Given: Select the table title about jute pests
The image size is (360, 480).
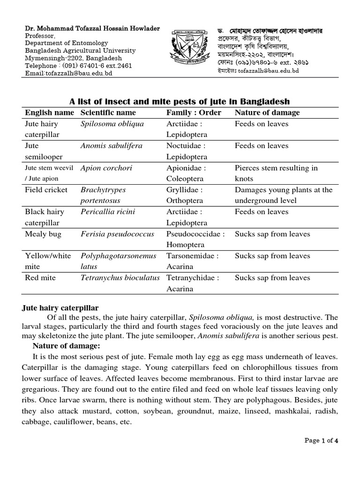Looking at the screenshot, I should (180, 101).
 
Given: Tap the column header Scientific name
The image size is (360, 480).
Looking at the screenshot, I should (108, 112).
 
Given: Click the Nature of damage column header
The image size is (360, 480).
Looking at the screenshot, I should (267, 112).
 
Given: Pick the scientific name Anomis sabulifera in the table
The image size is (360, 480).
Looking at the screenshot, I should (112, 146).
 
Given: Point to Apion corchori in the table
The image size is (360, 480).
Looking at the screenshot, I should (106, 168).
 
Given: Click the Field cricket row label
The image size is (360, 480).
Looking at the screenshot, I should (46, 190).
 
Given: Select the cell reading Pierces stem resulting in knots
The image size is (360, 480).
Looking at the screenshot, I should (276, 173).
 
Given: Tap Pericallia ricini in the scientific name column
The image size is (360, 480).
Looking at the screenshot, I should (108, 212).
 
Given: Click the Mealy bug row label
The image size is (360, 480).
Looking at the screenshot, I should (43, 234).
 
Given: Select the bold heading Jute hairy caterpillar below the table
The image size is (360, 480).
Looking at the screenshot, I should (61, 308).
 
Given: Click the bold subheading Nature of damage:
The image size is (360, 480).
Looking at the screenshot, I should (66, 346).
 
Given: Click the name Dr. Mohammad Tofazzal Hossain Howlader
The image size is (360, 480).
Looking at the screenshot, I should (92, 29).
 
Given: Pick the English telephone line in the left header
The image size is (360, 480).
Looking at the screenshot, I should (78, 66).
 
